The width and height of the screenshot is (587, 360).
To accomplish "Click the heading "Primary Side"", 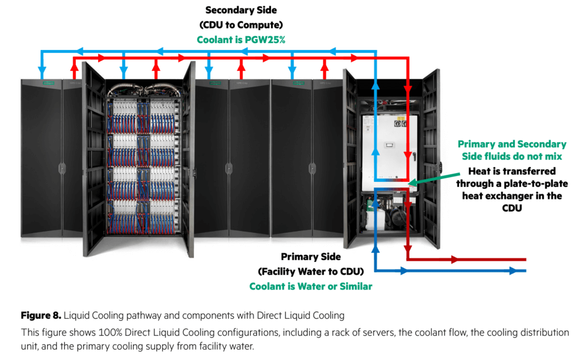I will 311,257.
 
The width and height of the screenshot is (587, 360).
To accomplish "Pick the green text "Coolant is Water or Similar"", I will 311,286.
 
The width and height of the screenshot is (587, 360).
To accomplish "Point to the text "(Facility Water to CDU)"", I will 311,271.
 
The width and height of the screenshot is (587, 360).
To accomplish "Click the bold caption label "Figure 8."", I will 41,315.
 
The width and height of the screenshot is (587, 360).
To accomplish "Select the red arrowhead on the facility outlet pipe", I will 456,259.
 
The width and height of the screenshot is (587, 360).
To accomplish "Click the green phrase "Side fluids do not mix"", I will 512,156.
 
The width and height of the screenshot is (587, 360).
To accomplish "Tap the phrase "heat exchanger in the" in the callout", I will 512,196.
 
